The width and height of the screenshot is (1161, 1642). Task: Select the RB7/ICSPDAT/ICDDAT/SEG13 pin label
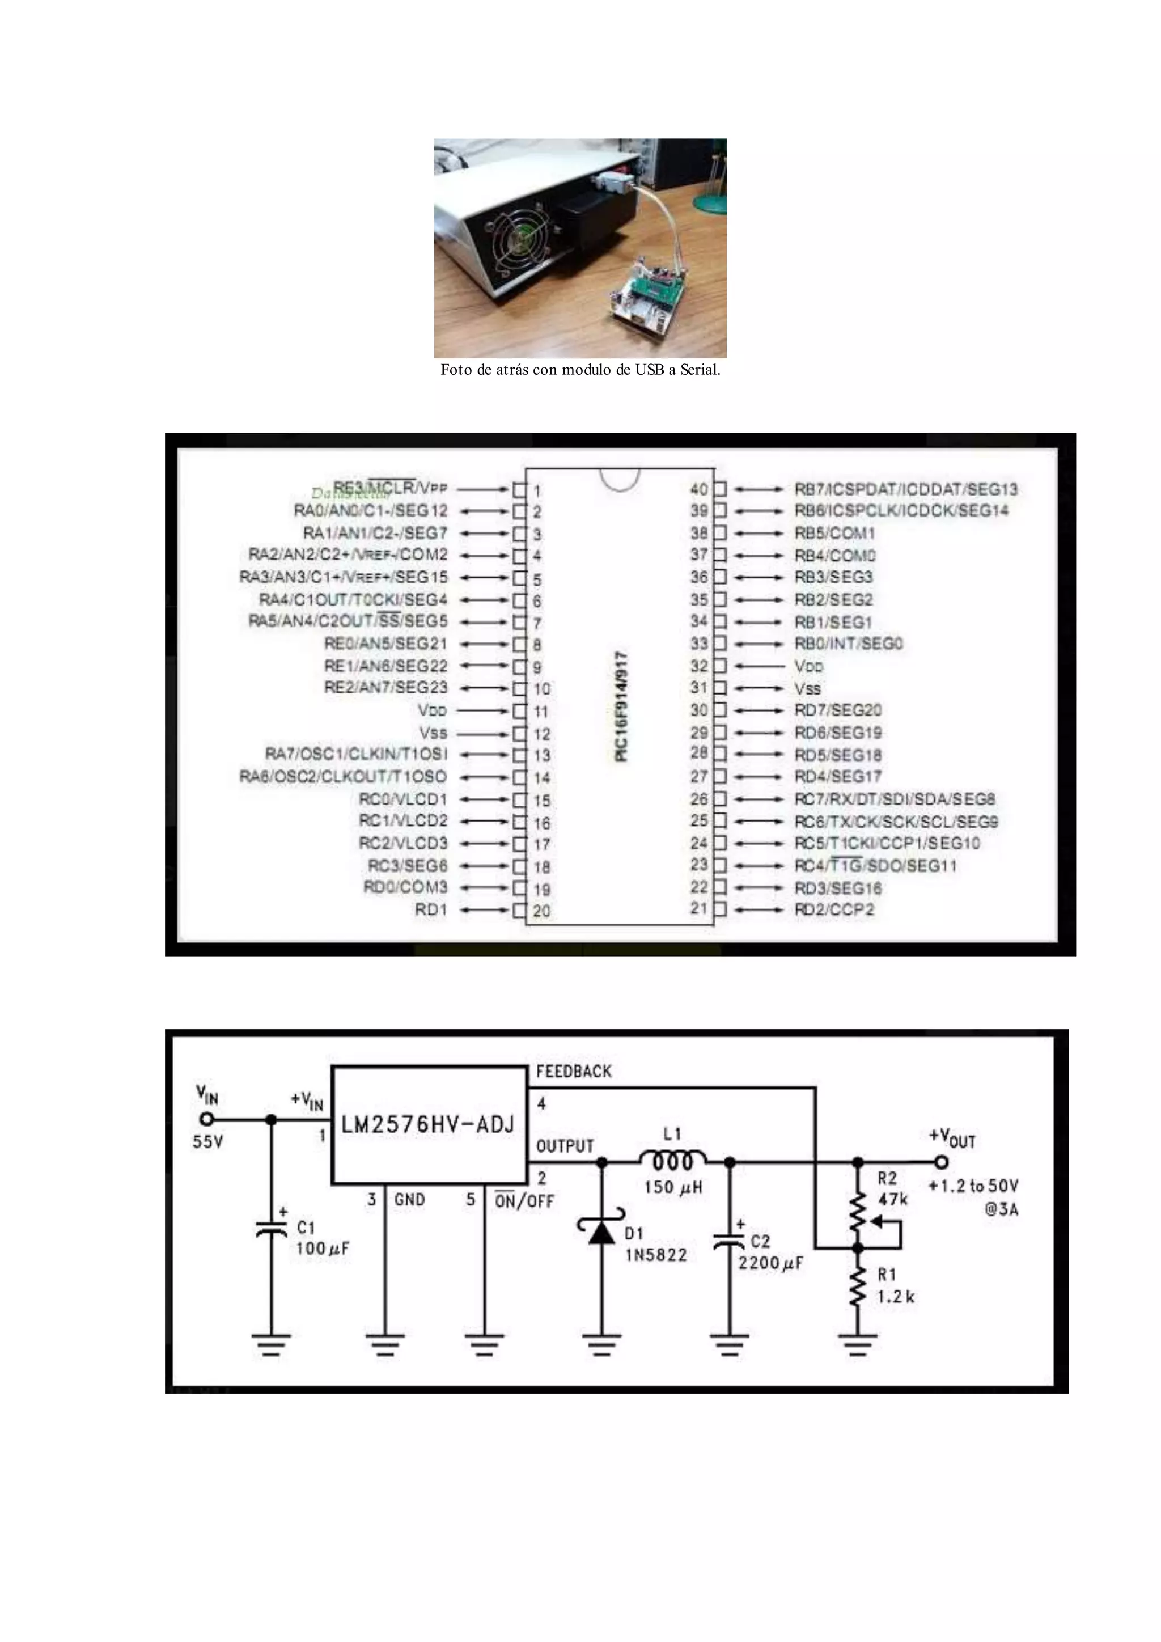(x=906, y=489)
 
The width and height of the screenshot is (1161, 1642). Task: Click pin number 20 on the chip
(x=541, y=911)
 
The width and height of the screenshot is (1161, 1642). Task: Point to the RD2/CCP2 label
(x=833, y=909)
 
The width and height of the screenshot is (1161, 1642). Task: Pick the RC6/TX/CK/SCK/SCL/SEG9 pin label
(x=896, y=822)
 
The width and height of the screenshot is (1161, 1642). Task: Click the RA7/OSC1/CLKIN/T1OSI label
(x=356, y=755)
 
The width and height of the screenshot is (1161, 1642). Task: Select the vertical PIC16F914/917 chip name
(x=621, y=706)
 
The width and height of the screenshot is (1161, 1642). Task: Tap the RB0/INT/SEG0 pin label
(x=849, y=644)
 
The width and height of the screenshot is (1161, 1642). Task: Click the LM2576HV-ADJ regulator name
(x=427, y=1125)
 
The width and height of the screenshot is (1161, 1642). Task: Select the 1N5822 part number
(x=655, y=1255)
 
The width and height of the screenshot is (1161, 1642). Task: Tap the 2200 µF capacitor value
(x=770, y=1263)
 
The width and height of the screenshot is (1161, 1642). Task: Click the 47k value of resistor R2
(x=892, y=1199)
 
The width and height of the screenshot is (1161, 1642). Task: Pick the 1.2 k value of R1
(x=896, y=1296)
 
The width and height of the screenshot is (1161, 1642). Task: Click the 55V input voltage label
(x=207, y=1142)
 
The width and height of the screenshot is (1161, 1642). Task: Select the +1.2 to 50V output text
(x=973, y=1186)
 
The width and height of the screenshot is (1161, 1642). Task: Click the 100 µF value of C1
(x=323, y=1249)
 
